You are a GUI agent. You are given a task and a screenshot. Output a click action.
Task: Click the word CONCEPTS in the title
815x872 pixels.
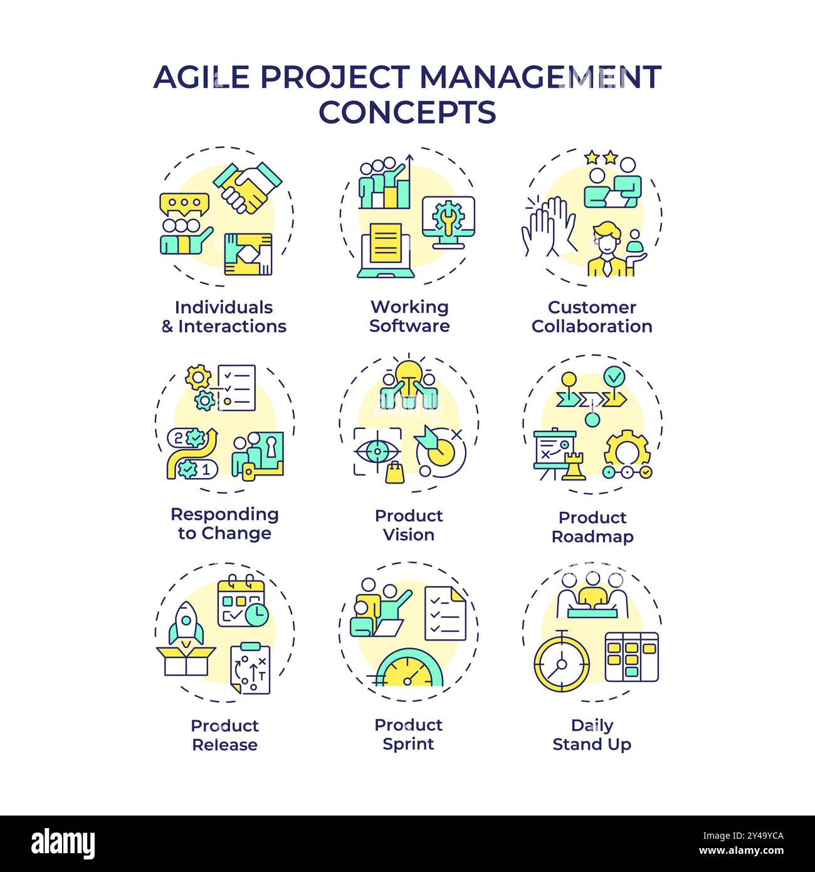point(407,112)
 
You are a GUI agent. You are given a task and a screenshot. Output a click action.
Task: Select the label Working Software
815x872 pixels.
point(409,316)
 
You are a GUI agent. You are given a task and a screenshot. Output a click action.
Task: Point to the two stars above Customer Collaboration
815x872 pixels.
point(601,157)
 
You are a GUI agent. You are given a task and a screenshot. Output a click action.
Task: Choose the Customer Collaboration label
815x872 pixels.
point(592,317)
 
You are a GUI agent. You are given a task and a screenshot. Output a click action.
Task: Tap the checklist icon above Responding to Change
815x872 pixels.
point(236,388)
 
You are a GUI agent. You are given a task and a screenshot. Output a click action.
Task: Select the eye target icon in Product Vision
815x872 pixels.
point(377,451)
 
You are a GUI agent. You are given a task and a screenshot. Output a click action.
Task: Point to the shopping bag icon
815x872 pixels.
point(396,472)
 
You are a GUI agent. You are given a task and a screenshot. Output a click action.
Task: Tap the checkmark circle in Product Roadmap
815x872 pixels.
point(614,377)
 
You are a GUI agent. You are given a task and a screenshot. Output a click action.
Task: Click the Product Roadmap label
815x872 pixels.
point(592,527)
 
